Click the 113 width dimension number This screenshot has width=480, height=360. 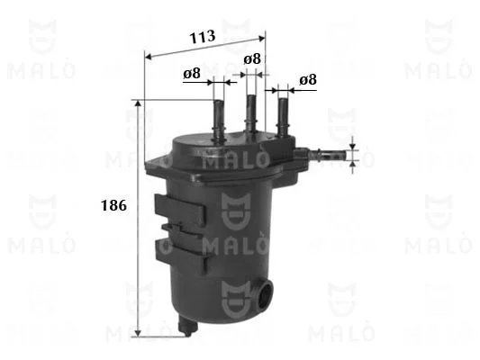coord(203,36)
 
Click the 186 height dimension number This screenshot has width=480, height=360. coord(113,205)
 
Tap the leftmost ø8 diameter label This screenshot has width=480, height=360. coord(192,74)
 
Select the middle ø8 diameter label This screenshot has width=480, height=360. coord(252,58)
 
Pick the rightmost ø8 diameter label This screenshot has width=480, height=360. coord(308,79)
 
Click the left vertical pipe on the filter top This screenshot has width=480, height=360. coord(219,121)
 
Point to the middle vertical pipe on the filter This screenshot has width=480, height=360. coord(251,113)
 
